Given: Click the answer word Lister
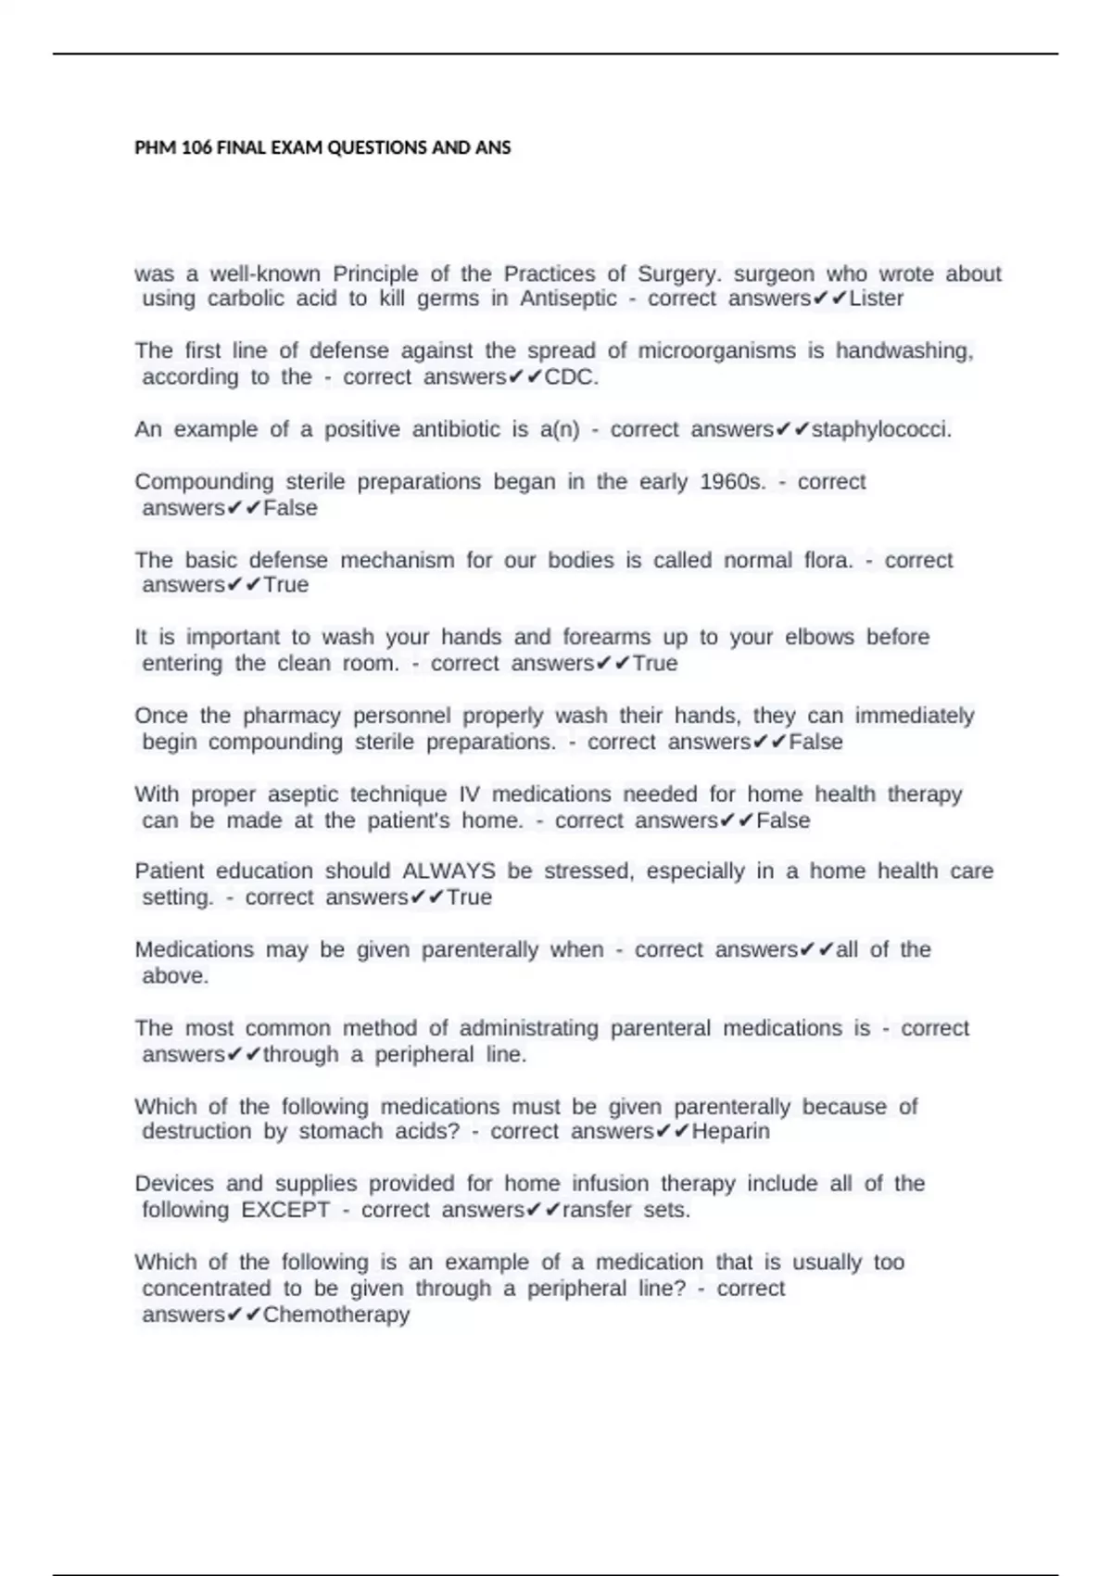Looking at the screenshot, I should click(876, 299).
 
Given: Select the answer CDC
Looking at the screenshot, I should click(571, 377).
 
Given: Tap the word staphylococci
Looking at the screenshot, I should click(880, 430).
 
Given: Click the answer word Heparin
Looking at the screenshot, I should click(730, 1132).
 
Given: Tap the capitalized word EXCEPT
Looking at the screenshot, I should click(285, 1210).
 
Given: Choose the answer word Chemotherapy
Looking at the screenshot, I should click(335, 1315).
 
